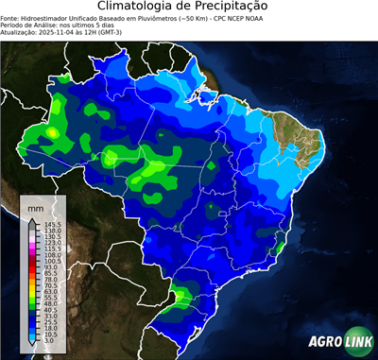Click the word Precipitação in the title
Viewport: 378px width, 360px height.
pyautogui.click(x=235, y=8)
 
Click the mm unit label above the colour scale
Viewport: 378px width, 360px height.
pyautogui.click(x=35, y=206)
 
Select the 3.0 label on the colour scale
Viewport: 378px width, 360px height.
pyautogui.click(x=50, y=341)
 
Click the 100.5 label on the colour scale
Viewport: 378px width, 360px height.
pyautogui.click(x=53, y=261)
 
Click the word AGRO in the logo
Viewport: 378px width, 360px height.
pyautogui.click(x=324, y=341)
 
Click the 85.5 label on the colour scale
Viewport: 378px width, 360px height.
pyautogui.click(x=51, y=273)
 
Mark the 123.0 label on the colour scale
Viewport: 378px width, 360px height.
pyautogui.click(x=53, y=242)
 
